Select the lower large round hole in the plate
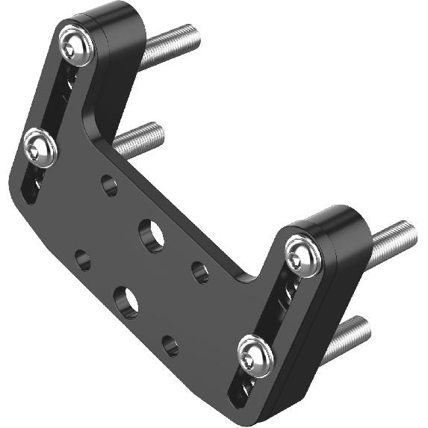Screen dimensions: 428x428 coord(126,300)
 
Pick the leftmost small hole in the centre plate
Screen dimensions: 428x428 coord(82,261)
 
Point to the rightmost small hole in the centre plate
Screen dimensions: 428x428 coord(200,272)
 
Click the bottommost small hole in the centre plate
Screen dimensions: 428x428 coord(170,346)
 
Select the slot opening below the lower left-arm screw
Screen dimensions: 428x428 coord(31,189)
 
